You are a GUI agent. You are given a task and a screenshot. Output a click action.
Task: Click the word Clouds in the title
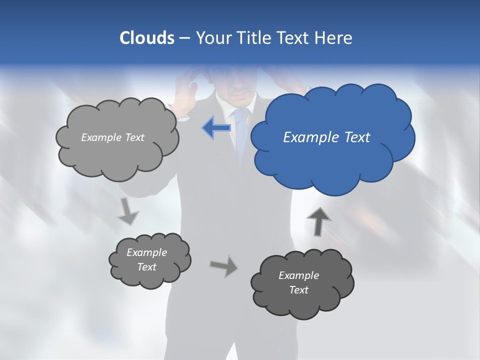pos(146,38)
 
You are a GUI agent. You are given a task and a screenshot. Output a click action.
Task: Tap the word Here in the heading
pos(334,38)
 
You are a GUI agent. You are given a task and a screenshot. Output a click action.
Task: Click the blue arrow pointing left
pos(216,128)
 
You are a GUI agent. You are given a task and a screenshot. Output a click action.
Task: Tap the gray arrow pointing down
pos(127,211)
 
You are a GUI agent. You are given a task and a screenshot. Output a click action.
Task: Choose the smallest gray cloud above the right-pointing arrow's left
pos(149,260)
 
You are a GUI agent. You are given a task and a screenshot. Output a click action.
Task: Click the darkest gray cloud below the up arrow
pos(301,283)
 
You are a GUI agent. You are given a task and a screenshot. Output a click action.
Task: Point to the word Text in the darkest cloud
pos(299,290)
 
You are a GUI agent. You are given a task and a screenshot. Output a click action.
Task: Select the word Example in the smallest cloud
pos(146,252)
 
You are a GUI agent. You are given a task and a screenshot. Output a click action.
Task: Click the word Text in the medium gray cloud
pos(133,137)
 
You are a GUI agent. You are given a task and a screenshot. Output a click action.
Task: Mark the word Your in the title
pos(211,38)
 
